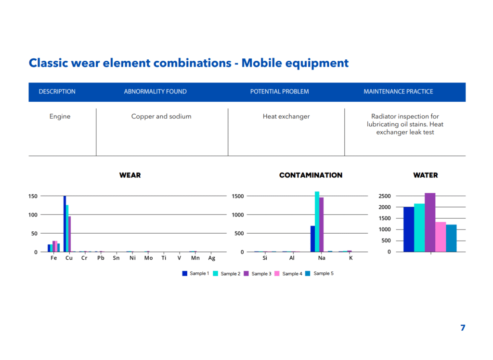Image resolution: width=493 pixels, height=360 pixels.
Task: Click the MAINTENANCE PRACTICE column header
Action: click(x=398, y=92)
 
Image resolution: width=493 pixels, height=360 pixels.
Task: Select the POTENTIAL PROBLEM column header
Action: click(x=279, y=92)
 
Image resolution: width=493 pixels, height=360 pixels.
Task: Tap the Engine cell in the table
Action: click(x=60, y=117)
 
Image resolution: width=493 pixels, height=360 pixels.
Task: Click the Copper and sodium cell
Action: click(x=161, y=117)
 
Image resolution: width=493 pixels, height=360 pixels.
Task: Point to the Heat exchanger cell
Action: click(x=286, y=117)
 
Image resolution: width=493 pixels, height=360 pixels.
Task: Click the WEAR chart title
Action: click(x=130, y=175)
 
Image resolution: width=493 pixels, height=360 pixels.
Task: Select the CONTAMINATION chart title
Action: click(x=311, y=175)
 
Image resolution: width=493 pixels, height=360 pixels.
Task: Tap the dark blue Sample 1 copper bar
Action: click(x=65, y=224)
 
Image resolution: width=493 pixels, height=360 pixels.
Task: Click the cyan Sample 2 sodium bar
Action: click(x=317, y=222)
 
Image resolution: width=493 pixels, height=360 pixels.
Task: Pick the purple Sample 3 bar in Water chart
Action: click(x=430, y=222)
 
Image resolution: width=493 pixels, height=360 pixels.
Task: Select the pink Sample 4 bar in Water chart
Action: click(x=441, y=237)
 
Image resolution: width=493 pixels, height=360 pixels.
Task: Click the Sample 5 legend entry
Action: click(x=320, y=273)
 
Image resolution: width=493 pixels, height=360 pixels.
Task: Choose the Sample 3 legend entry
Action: click(x=258, y=273)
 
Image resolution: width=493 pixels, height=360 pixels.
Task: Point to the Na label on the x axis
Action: click(x=322, y=258)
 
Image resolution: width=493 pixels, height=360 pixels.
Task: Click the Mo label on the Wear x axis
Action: click(x=148, y=258)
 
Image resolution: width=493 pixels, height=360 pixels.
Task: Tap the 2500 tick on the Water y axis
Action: click(x=385, y=196)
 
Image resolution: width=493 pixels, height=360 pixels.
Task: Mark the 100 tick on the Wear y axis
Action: click(x=33, y=214)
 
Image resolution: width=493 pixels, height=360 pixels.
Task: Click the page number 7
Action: click(x=463, y=328)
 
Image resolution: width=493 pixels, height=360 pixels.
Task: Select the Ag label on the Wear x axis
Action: click(x=212, y=258)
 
